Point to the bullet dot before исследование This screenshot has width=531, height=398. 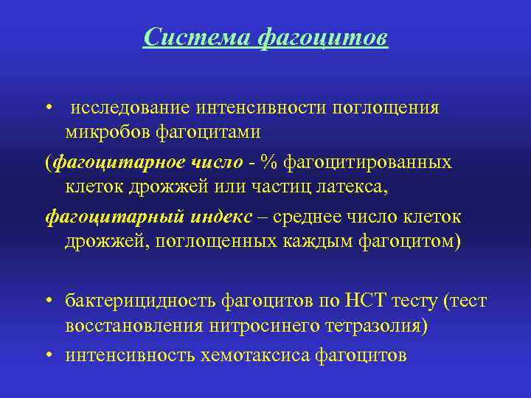coord(47,108)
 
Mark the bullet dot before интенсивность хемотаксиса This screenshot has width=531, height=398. coord(47,356)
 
